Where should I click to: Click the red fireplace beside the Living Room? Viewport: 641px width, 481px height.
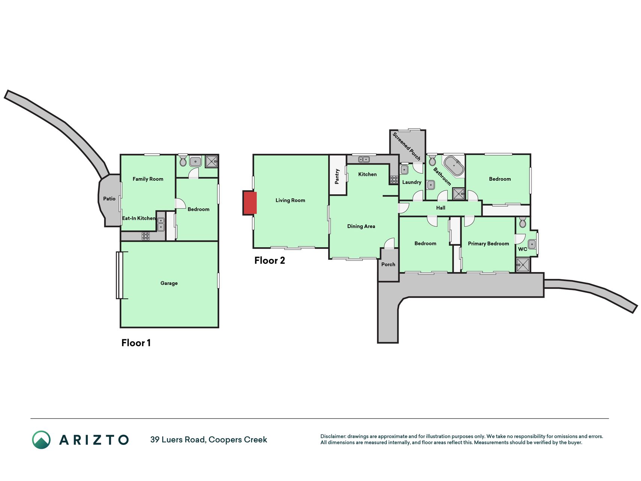coord(250,203)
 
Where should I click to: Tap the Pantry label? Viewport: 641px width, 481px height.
coord(337,176)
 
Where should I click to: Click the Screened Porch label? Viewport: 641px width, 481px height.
coord(406,146)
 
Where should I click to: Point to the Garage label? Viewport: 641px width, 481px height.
coord(169,283)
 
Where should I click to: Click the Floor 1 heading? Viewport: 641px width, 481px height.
coord(136,343)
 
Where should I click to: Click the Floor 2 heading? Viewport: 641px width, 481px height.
coord(270,260)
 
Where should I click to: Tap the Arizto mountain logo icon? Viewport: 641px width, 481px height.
coord(41,440)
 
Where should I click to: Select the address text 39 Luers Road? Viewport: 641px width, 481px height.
coord(178,439)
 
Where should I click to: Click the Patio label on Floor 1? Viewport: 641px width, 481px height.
coord(109,199)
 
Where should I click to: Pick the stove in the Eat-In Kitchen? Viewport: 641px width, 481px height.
coord(146,236)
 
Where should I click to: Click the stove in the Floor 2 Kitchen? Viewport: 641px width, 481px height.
coord(394,180)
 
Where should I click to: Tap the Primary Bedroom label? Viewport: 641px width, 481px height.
coord(488,244)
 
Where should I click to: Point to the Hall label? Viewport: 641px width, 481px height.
coord(440,208)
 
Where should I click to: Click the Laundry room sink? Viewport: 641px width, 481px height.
coord(404,169)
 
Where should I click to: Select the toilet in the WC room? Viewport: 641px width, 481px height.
coord(523,222)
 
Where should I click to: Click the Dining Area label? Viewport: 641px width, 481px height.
coord(361,226)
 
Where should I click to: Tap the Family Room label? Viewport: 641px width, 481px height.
coord(148,179)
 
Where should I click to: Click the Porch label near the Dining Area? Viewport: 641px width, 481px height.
coord(388,265)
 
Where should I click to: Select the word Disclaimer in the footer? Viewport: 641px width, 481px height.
coord(333,436)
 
